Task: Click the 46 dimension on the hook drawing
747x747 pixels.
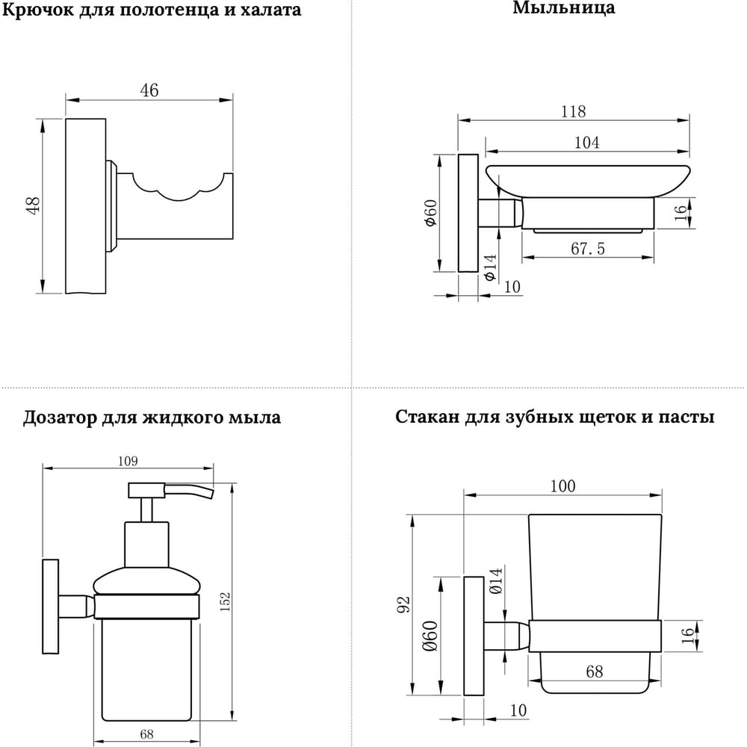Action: click(x=149, y=90)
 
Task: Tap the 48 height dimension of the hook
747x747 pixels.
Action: click(x=34, y=205)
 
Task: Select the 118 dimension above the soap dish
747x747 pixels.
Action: click(x=573, y=111)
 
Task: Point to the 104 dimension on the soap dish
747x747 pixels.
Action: click(x=586, y=143)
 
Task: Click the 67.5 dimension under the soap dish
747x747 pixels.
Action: click(x=588, y=248)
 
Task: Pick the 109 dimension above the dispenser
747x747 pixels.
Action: click(x=128, y=461)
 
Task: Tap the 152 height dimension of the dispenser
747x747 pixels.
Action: click(x=226, y=601)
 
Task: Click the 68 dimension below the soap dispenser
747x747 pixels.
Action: click(x=146, y=734)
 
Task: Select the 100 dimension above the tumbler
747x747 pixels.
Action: click(x=562, y=486)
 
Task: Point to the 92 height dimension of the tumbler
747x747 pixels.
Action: click(x=403, y=604)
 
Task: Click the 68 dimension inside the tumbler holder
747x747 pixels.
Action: click(x=595, y=672)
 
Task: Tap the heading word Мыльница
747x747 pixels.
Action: click(x=563, y=8)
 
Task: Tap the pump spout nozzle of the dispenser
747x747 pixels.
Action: click(x=189, y=492)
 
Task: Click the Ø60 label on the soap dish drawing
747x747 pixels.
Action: click(x=430, y=213)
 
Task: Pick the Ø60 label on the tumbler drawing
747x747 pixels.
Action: click(x=430, y=636)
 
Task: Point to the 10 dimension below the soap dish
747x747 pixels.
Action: click(x=512, y=286)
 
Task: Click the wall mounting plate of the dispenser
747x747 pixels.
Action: click(x=51, y=606)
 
